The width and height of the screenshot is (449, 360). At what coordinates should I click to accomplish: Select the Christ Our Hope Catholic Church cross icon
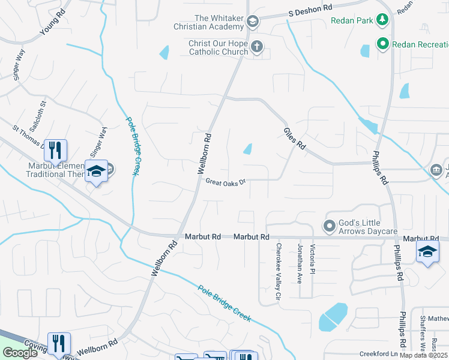256,46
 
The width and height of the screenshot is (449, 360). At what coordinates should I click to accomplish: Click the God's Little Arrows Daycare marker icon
329,226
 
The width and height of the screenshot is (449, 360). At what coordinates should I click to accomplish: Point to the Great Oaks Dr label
226,181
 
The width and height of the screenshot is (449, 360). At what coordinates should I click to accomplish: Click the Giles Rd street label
294,138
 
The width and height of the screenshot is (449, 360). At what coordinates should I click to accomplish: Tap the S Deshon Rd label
309,11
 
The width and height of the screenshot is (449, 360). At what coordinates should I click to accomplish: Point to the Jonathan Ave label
300,262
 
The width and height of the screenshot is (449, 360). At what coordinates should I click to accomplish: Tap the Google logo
20,353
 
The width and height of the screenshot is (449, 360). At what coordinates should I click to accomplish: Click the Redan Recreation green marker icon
382,44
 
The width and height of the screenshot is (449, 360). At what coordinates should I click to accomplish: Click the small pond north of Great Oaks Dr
247,149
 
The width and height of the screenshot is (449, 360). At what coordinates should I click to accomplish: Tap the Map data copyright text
423,355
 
